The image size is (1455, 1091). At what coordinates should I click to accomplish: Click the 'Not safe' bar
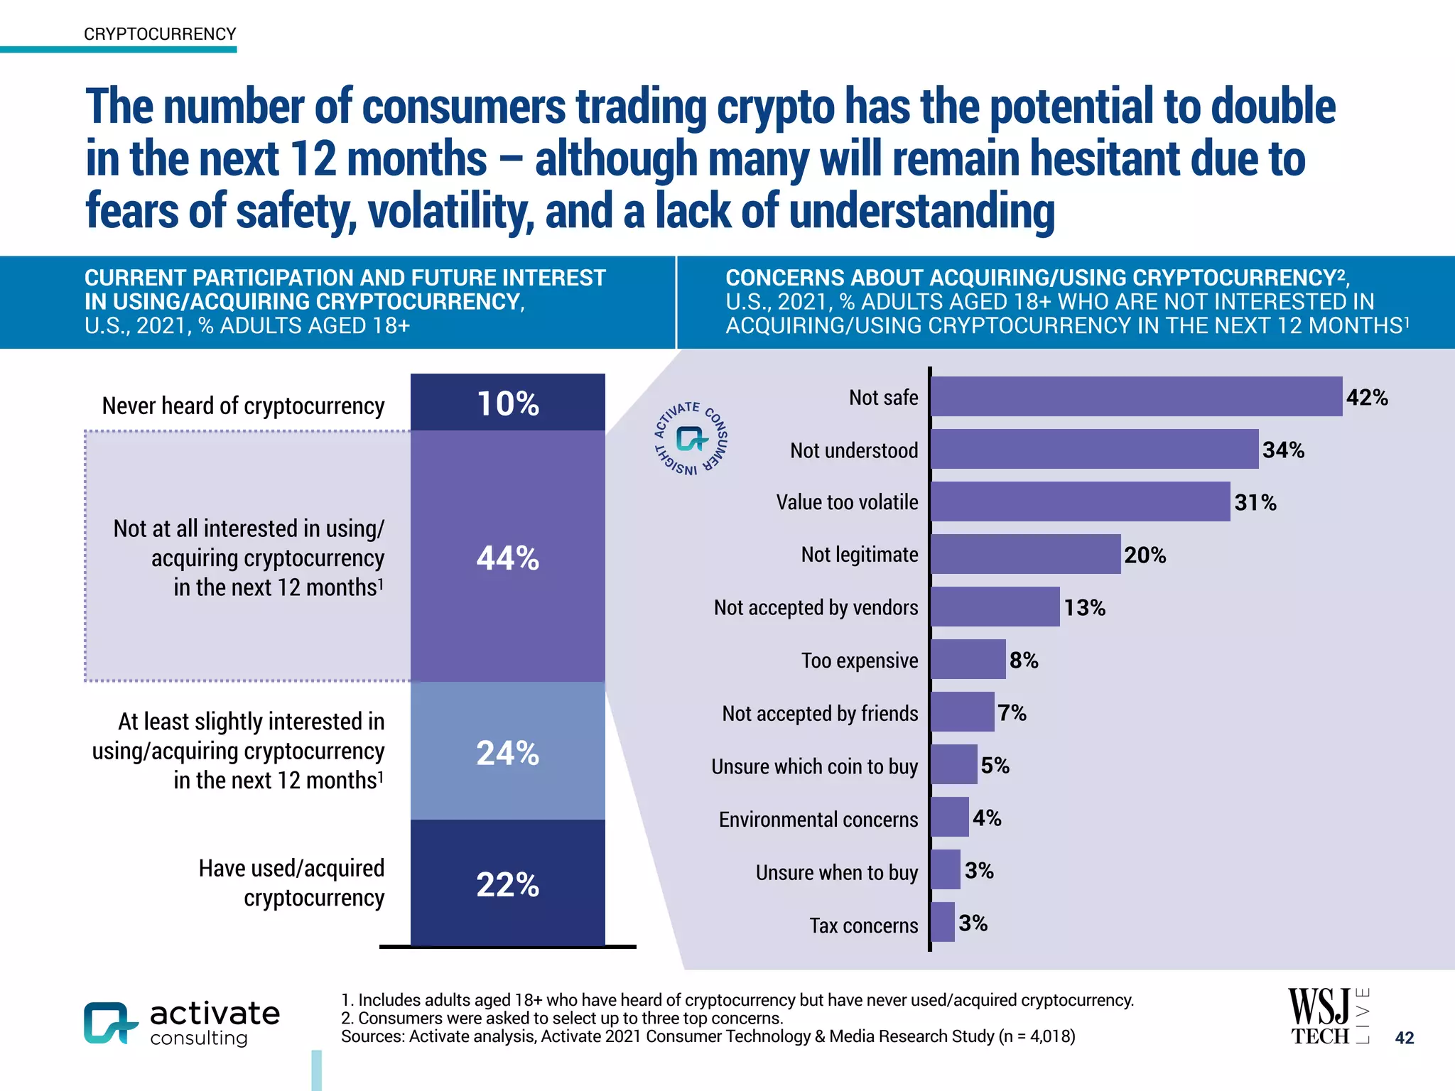coord(1136,396)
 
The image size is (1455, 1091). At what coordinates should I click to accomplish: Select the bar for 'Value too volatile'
coord(1080,501)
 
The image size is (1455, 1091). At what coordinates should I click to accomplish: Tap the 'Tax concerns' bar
coord(943,922)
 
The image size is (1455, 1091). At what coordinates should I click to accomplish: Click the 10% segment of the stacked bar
coord(507,403)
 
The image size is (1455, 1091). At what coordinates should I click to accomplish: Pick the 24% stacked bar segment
coord(507,751)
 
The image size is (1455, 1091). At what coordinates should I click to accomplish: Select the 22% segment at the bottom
coord(507,884)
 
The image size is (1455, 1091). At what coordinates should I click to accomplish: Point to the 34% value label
coord(1283,450)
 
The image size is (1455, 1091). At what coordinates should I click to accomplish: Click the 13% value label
coord(1084,607)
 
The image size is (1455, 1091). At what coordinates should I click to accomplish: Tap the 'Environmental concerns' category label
coord(818,820)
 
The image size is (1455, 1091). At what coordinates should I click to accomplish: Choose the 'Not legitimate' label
coord(859,554)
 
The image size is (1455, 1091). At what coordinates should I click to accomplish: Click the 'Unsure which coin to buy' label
coord(814,766)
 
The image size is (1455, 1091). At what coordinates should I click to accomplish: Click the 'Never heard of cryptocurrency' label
coord(243,406)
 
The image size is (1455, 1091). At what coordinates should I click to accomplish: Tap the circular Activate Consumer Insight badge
coord(691,439)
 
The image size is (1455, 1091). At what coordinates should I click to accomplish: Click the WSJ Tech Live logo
coord(1327,1016)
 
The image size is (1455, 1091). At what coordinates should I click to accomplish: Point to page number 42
coord(1404,1038)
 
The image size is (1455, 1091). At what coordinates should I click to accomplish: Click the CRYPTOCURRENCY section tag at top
coord(160,34)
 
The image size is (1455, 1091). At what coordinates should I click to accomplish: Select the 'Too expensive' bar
coord(968,659)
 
